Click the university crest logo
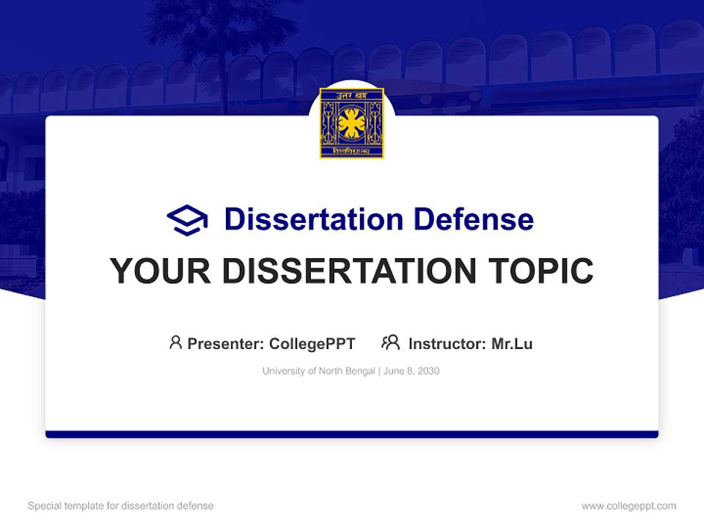coord(352,123)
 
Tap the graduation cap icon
coord(187,220)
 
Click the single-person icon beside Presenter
coord(175,342)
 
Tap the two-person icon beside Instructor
coord(390,342)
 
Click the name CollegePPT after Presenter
coord(312,344)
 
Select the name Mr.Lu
coord(512,344)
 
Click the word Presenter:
coord(226,344)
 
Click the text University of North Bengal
coord(319,371)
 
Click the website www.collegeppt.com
coord(628,506)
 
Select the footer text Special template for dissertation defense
coord(121,506)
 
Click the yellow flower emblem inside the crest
coord(352,123)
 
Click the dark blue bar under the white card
coord(352,434)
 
